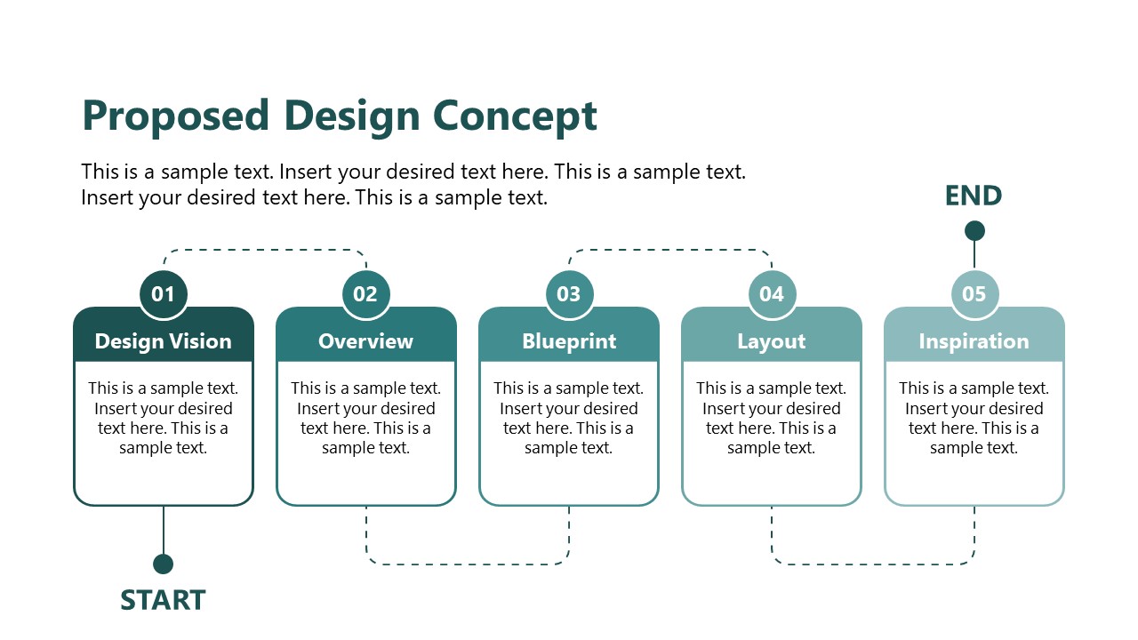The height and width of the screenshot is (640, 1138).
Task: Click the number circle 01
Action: [164, 293]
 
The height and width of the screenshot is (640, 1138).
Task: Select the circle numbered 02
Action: [366, 293]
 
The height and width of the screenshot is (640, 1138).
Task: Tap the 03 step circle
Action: [569, 293]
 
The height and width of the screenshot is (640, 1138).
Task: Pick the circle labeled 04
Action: [772, 293]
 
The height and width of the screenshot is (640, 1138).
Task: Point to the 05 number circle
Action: [974, 293]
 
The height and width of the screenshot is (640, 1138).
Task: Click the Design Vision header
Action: [164, 341]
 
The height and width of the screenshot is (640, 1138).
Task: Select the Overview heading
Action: [366, 341]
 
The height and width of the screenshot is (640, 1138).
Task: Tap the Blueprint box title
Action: [569, 341]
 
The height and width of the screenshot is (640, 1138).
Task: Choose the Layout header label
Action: [772, 341]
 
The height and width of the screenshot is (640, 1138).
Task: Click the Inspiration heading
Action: [974, 341]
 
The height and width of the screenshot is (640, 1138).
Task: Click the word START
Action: [164, 600]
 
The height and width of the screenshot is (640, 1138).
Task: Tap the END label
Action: [974, 196]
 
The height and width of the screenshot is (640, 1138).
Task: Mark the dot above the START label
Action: [164, 564]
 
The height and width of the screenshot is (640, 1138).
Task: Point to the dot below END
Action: [974, 231]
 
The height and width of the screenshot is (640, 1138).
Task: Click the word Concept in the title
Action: [515, 116]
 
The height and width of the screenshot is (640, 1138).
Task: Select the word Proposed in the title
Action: [175, 116]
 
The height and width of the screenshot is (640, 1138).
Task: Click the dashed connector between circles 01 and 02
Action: [265, 250]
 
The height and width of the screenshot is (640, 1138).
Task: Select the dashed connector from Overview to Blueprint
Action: [468, 564]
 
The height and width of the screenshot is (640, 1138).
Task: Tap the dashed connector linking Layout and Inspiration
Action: [873, 564]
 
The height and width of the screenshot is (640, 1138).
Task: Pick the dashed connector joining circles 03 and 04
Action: [670, 250]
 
